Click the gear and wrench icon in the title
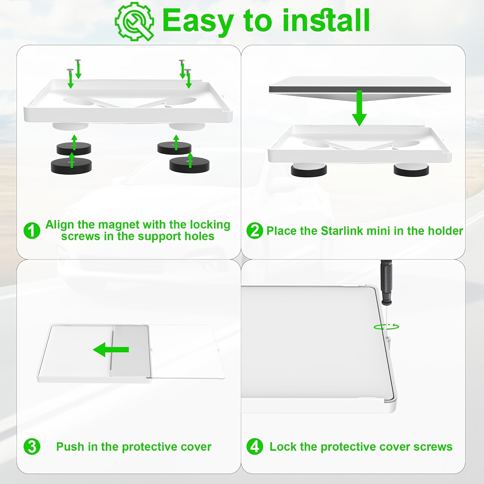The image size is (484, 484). [x=134, y=21]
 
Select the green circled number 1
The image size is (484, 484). [x=32, y=230]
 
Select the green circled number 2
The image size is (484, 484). [x=255, y=230]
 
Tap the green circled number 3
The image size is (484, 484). [x=32, y=447]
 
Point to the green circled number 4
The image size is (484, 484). [x=255, y=447]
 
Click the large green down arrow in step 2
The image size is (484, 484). [x=359, y=108]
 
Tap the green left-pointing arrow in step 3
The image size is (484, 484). [x=111, y=349]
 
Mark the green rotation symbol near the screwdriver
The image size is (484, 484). [x=386, y=327]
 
